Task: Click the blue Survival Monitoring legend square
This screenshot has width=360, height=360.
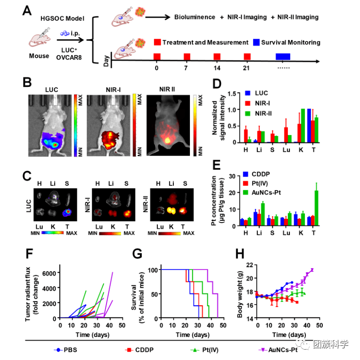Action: pos(257,42)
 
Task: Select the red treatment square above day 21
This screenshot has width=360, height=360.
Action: pos(247,57)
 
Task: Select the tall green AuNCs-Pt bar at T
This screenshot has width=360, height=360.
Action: pos(317,207)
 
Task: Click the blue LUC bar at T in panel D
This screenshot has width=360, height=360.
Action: pos(309,126)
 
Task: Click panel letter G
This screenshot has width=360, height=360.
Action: pos(138,253)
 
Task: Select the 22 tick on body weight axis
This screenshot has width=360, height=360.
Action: pos(250,265)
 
